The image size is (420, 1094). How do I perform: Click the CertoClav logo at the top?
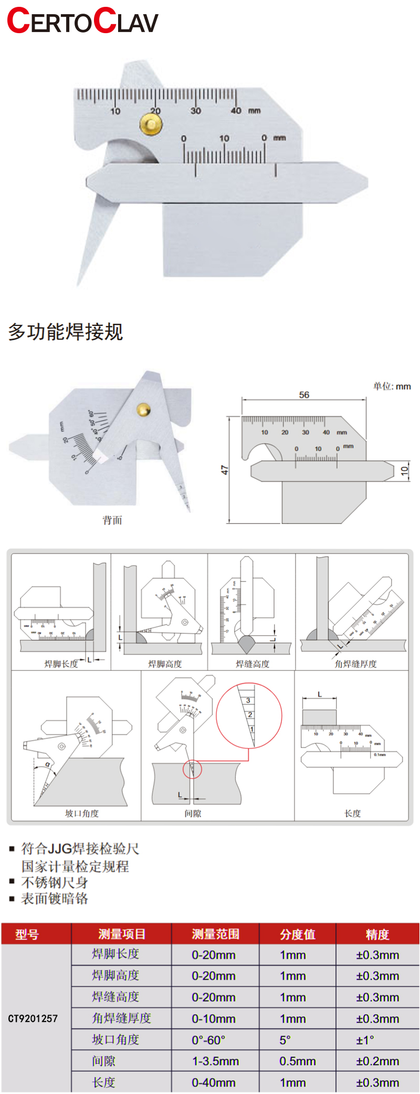(82, 22)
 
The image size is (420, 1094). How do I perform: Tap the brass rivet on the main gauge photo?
(151, 124)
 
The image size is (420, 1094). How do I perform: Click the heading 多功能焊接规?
(66, 332)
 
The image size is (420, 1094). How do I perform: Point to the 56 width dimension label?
(304, 395)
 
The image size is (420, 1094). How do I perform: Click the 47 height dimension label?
(225, 469)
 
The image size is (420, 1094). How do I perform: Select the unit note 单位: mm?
(392, 386)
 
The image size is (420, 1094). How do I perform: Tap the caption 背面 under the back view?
(112, 520)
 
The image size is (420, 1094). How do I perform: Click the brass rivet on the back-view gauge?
(143, 410)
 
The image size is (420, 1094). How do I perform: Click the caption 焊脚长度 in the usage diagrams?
(61, 664)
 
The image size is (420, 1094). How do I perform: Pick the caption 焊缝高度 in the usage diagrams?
(253, 664)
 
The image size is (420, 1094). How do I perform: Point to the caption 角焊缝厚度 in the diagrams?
(355, 664)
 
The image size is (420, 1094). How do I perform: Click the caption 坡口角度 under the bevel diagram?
(81, 813)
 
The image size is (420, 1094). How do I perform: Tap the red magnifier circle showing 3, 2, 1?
(249, 715)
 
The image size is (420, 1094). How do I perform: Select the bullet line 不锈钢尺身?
(55, 883)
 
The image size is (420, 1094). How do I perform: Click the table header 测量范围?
(215, 934)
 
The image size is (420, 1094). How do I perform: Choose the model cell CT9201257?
(33, 1018)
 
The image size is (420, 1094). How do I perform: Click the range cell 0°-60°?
(208, 1040)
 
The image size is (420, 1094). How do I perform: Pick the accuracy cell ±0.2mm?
(377, 1061)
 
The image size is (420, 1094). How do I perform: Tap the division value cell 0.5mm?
(297, 1061)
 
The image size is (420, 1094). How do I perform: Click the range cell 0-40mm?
(213, 1083)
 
